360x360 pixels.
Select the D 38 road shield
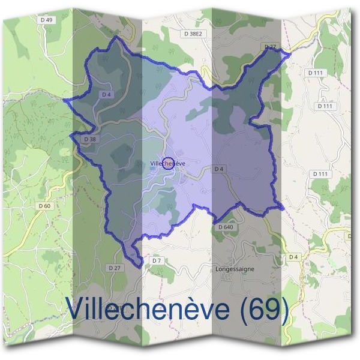tap(90, 139)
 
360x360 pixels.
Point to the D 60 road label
tap(44, 206)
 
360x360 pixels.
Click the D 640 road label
tap(225, 227)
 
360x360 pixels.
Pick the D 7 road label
tap(157, 261)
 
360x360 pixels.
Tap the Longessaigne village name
tap(235, 269)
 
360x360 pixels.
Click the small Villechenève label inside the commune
tap(167, 163)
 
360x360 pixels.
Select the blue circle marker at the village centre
tap(169, 163)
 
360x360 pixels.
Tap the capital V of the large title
tap(76, 308)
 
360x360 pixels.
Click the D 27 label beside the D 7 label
tap(115, 267)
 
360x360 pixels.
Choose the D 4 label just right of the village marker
tap(219, 170)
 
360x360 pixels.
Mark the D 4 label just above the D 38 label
tap(107, 94)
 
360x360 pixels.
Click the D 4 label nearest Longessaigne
tap(293, 257)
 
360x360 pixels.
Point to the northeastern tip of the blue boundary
tap(290, 54)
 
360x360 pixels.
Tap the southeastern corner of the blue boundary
tap(283, 208)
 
